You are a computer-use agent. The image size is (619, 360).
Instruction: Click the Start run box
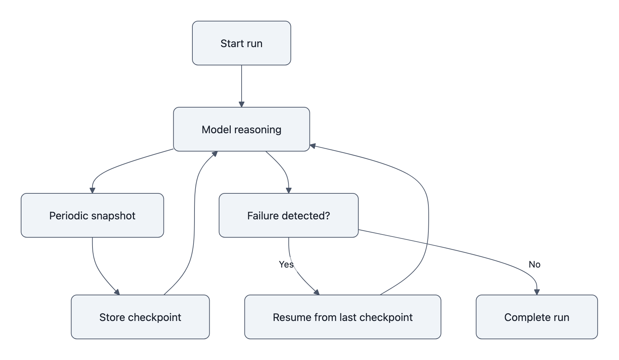[241, 43]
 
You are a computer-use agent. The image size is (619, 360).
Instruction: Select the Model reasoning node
[241, 129]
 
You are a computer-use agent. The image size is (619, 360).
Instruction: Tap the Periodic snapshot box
[92, 216]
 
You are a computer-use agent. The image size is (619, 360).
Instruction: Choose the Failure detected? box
[288, 216]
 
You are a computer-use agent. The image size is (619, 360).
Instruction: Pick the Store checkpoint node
[140, 317]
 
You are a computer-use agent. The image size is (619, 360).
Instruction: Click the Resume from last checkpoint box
[343, 317]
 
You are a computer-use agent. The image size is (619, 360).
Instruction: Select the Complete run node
[537, 317]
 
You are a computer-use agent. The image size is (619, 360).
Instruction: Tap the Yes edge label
[286, 264]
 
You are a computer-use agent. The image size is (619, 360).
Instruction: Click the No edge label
[534, 264]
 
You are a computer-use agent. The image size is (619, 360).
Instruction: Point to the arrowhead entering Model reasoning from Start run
[241, 104]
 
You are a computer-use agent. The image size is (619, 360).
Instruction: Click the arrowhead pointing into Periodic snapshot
[92, 190]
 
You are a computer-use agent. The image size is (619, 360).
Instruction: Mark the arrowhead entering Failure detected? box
[288, 190]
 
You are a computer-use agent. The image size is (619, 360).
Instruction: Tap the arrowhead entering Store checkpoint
[117, 292]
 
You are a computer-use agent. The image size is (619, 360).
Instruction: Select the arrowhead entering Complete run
[537, 292]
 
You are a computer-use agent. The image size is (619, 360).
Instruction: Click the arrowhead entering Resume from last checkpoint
[317, 292]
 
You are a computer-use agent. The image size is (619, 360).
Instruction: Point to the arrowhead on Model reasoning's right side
[313, 146]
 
